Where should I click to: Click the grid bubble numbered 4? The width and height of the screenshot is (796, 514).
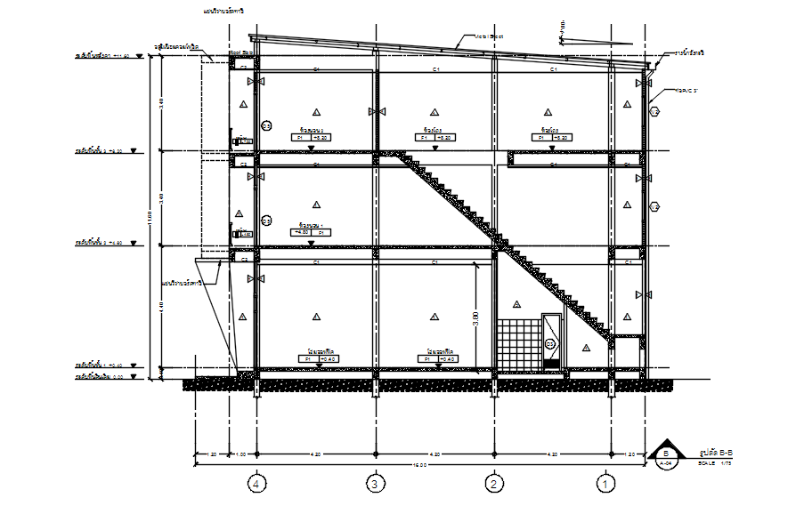point(257,485)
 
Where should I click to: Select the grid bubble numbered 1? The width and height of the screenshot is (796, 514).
point(606,485)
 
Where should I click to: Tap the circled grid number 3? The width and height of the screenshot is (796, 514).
point(375,485)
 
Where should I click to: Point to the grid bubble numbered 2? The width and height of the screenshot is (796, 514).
point(492,485)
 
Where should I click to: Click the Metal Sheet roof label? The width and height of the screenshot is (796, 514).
point(489,36)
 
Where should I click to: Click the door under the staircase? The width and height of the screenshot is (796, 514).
point(551,341)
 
